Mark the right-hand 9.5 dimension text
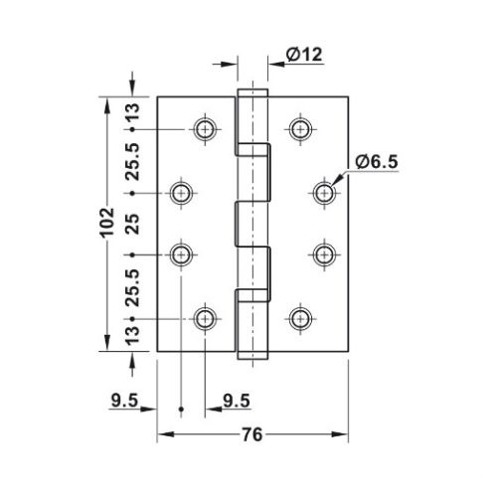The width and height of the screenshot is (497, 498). [236, 401]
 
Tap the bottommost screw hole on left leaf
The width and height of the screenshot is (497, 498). [205, 318]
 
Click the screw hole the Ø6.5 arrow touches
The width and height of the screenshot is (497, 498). [323, 192]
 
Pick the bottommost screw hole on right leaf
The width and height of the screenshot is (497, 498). [299, 318]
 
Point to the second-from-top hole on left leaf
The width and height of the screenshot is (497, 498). [181, 192]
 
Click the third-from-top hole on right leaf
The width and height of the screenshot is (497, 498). [323, 255]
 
